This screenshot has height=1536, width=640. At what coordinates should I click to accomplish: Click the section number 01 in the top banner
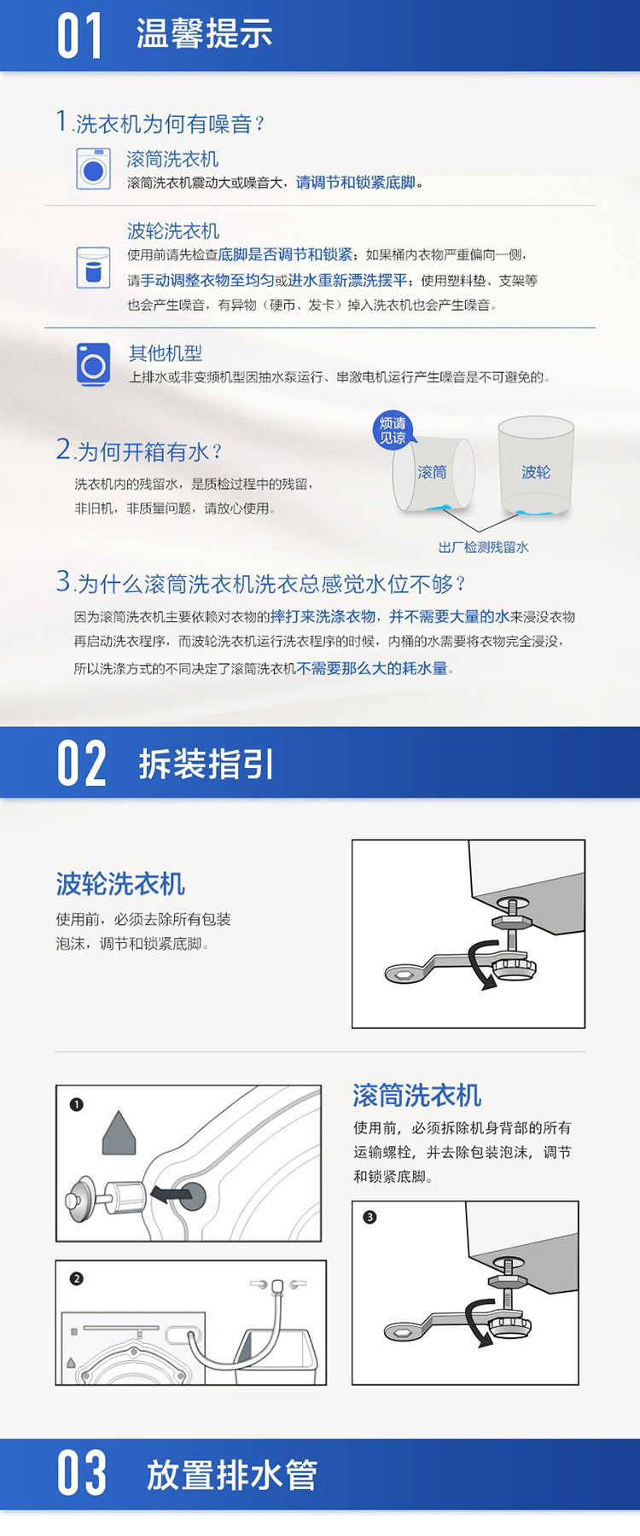80,36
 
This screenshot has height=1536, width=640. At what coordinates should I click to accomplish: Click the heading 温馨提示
205,34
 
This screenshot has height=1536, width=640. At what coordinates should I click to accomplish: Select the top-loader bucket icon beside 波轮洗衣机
93,268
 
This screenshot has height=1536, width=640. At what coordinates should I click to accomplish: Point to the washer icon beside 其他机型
93,364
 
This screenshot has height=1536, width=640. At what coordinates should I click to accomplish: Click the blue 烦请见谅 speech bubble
393,430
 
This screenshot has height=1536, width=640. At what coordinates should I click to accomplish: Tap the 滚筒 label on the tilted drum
433,472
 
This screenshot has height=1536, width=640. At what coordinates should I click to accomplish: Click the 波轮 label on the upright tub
536,472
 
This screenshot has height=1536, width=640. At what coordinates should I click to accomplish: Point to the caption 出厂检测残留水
484,548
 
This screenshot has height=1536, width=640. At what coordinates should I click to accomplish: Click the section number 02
82,763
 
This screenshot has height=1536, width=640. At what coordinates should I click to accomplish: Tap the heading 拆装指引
207,764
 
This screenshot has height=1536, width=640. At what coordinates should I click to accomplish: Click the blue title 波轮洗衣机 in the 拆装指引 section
120,884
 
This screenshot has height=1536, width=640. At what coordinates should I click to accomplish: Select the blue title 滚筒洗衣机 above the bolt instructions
417,1096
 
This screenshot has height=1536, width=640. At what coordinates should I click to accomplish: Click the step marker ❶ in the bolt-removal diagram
77,1104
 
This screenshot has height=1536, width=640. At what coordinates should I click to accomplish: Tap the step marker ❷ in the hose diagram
77,1278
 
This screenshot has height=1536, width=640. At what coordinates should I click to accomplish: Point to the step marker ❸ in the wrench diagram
369,1217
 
